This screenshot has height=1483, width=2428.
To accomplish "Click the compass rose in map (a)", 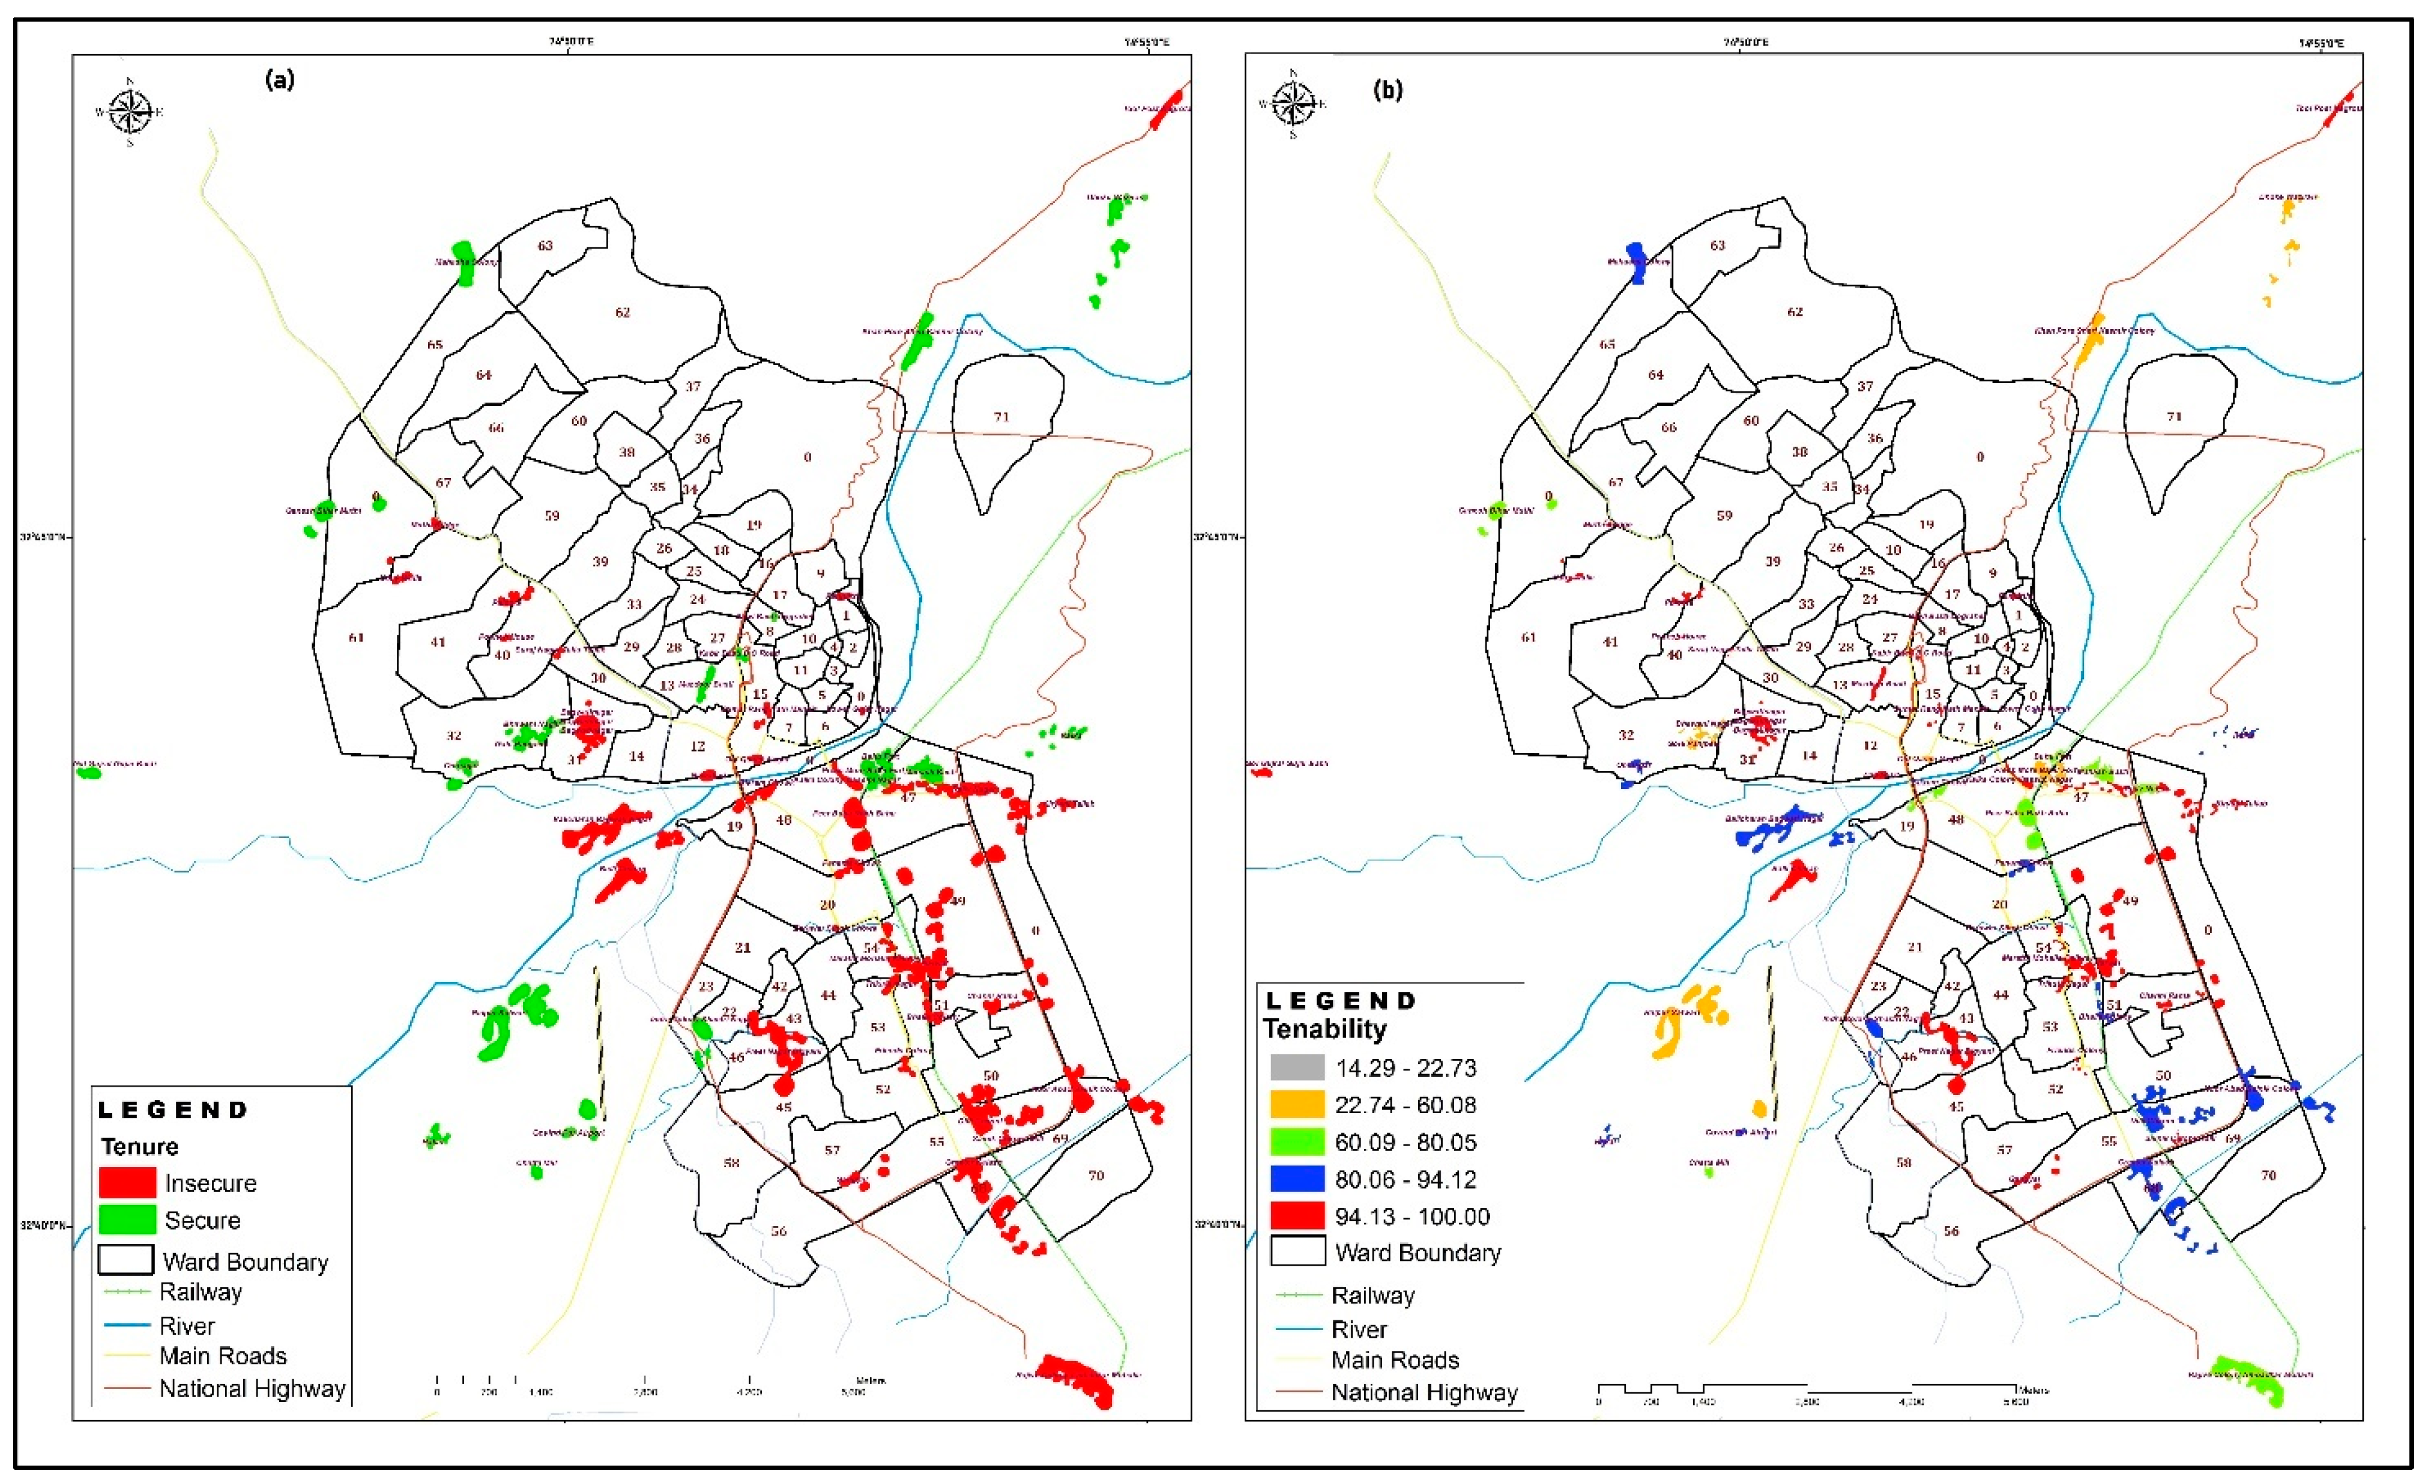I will (130, 111).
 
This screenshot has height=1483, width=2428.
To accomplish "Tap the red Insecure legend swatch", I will (127, 1182).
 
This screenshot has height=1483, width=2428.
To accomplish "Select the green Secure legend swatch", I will (127, 1220).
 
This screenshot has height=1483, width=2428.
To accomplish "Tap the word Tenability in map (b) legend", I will (1324, 1028).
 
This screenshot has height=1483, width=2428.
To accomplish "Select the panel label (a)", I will (280, 81).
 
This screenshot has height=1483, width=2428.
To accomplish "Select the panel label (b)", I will (1388, 91).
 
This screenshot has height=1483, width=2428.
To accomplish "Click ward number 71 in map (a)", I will (1001, 417).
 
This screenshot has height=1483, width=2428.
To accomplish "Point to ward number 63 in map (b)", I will (1718, 246).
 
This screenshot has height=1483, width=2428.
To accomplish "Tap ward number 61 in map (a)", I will (355, 638).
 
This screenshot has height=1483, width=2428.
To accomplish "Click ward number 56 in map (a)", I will (779, 1231).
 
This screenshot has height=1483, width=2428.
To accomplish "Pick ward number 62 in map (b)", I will (1795, 312).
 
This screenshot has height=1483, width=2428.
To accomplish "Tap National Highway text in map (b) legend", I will (1424, 1392).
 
